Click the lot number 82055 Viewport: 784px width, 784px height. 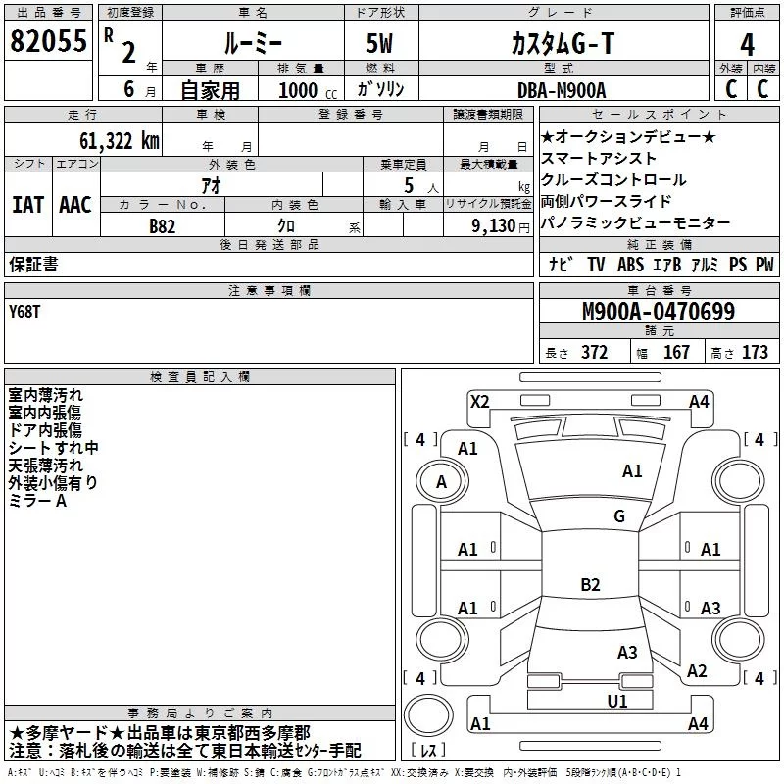point(48,41)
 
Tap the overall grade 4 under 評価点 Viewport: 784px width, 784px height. point(747,45)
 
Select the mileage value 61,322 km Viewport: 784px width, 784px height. point(120,141)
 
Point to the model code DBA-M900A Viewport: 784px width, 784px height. point(562,90)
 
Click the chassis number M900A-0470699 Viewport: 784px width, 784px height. point(659,312)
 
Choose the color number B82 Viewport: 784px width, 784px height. point(162,226)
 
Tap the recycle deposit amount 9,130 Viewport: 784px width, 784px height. point(493,226)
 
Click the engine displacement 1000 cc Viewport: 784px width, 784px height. point(308,90)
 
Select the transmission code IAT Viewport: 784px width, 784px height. point(28,205)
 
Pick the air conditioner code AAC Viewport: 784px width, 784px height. point(75,205)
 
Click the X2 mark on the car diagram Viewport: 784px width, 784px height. point(479,402)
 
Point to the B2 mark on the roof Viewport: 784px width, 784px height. point(590,584)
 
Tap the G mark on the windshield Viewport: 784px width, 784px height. point(619,515)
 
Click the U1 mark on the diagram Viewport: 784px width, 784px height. point(617,702)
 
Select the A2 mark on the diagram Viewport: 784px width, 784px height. point(697,671)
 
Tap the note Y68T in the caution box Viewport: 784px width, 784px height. point(24,312)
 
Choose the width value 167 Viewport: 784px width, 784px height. point(676,352)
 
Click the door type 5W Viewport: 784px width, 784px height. point(379,43)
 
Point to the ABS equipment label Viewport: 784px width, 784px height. point(630,265)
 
